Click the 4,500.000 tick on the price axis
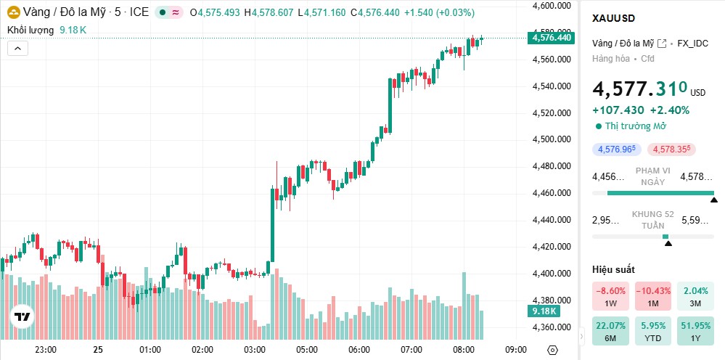coord(551,139)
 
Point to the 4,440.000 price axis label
coord(551,220)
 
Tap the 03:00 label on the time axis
coord(255,349)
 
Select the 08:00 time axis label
coord(463,349)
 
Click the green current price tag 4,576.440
coord(552,38)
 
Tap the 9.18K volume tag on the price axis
coord(544,311)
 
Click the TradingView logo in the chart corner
coord(22,317)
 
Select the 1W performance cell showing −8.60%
coord(610,296)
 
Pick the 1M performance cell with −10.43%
coord(652,296)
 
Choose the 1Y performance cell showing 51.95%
coord(695,331)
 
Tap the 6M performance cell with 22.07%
coord(610,331)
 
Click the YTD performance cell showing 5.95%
coord(652,331)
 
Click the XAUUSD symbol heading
coord(614,18)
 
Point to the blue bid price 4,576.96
coord(615,150)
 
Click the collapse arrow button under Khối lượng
coord(18,49)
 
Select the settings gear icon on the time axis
coord(552,349)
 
